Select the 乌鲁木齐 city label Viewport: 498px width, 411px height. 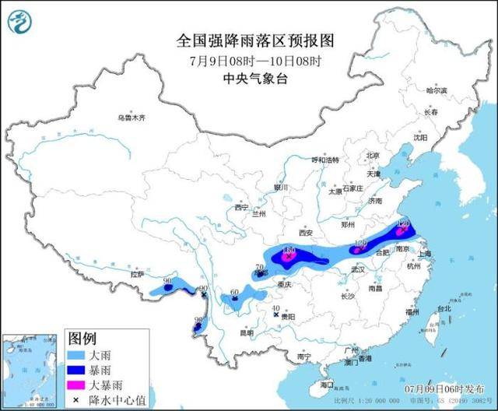click(132, 118)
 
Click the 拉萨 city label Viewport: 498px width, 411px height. click(138, 274)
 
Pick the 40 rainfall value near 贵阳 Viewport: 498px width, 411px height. click(275, 309)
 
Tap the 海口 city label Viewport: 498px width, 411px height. click(327, 385)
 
